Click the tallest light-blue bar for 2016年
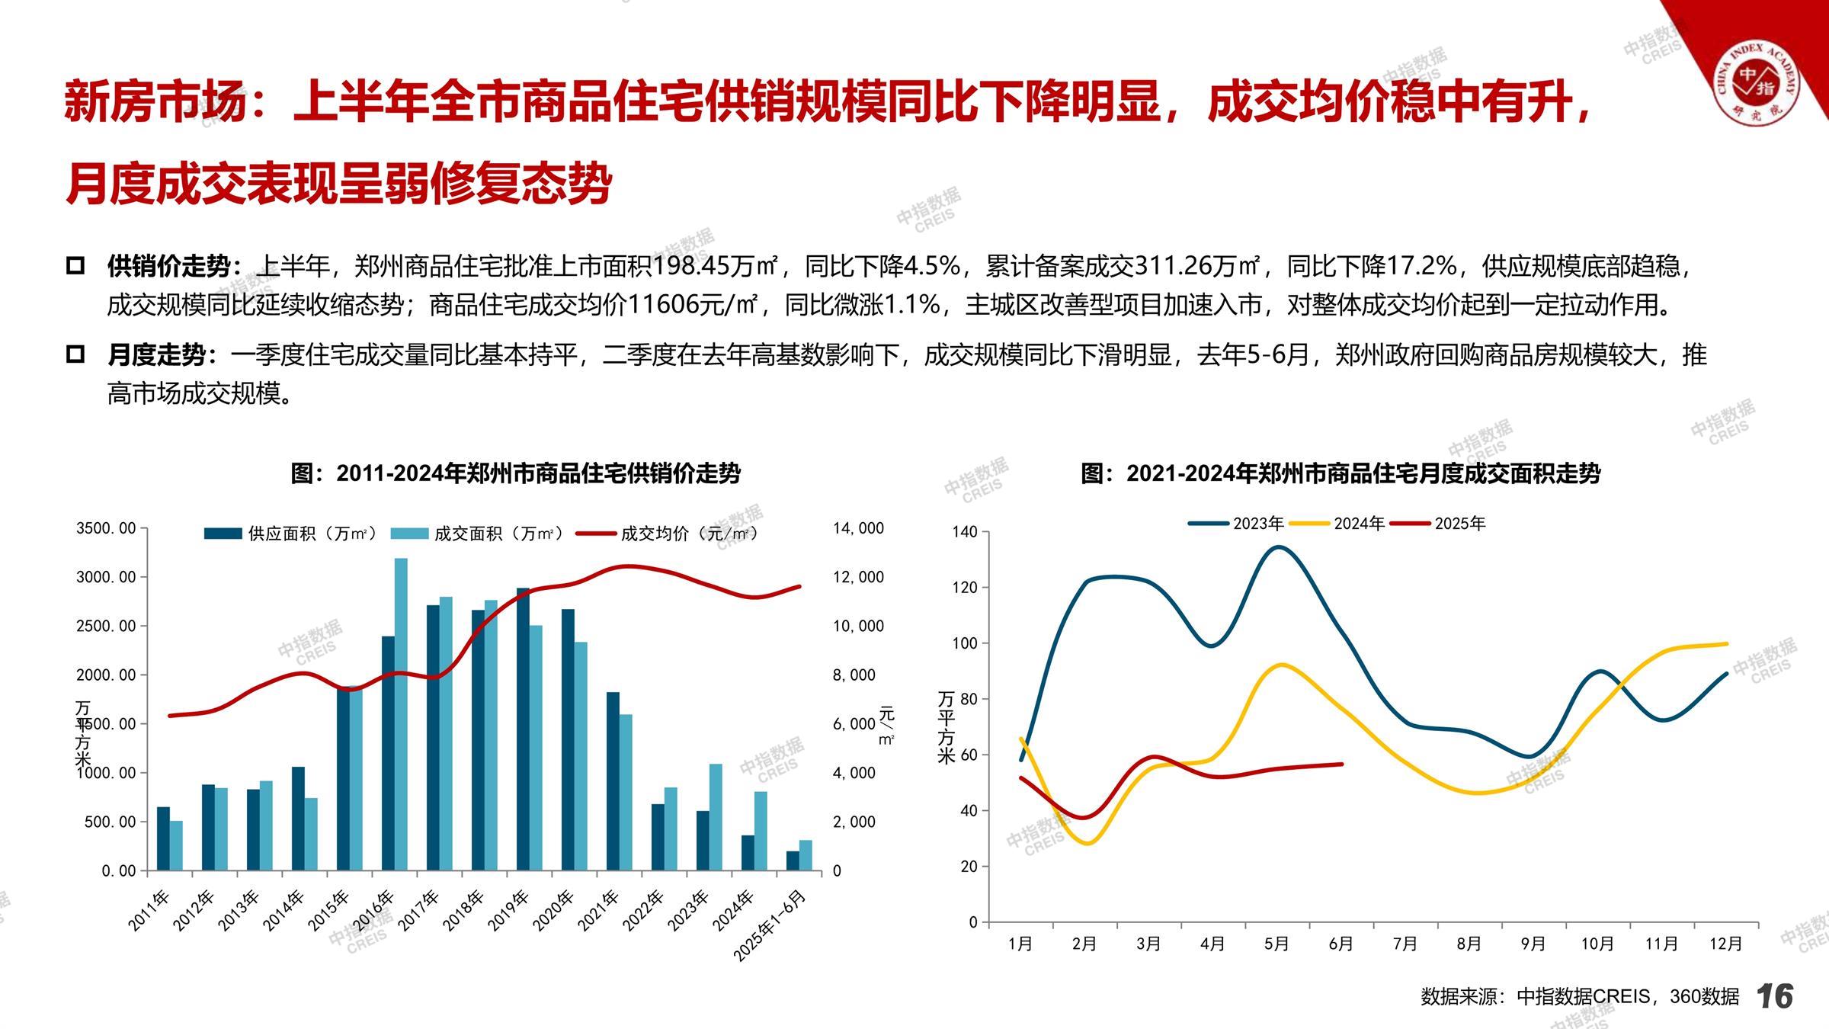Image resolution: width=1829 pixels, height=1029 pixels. (x=401, y=713)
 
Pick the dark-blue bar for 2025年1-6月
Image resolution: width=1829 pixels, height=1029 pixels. (x=793, y=861)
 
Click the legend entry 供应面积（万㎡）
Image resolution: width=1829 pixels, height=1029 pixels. (x=291, y=534)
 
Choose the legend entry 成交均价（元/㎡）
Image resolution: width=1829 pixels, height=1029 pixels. (x=668, y=534)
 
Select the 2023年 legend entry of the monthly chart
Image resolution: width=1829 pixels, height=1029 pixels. (x=1237, y=524)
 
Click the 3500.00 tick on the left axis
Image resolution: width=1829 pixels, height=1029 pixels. (x=106, y=528)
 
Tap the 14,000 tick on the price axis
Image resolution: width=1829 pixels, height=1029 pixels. (x=858, y=528)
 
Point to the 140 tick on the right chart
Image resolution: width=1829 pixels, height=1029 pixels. (x=965, y=532)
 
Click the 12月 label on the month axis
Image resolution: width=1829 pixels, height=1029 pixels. (x=1725, y=944)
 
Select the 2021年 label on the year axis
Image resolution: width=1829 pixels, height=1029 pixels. (x=598, y=911)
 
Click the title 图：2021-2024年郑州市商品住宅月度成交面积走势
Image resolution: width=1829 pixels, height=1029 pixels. (x=1341, y=474)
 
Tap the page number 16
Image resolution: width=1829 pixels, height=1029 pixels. (x=1774, y=996)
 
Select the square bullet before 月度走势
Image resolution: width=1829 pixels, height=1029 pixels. (x=75, y=355)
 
